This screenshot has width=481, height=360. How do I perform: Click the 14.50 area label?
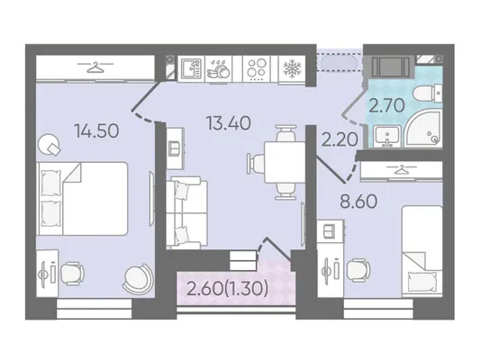(96, 130)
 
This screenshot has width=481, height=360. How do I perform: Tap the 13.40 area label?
(229, 123)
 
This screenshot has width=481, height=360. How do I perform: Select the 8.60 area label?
(358, 202)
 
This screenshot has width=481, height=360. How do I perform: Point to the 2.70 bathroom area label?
(386, 105)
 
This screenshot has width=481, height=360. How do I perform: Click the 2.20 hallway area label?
(340, 139)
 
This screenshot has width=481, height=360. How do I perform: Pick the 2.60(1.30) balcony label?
(227, 289)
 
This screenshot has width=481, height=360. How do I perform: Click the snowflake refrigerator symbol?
(292, 68)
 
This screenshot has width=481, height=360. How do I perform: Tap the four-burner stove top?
(257, 68)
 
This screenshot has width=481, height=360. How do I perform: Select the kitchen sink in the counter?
(191, 68)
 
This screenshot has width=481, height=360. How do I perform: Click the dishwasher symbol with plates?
(218, 68)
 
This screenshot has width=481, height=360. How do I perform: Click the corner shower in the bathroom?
(424, 129)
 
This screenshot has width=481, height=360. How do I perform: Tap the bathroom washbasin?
(386, 136)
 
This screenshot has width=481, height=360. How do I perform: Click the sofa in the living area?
(186, 212)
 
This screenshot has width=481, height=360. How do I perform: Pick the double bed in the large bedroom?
(82, 199)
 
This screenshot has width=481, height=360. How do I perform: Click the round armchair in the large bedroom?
(139, 278)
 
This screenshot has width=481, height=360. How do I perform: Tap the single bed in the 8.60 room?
(422, 251)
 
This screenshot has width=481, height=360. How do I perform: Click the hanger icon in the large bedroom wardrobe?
(95, 67)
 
